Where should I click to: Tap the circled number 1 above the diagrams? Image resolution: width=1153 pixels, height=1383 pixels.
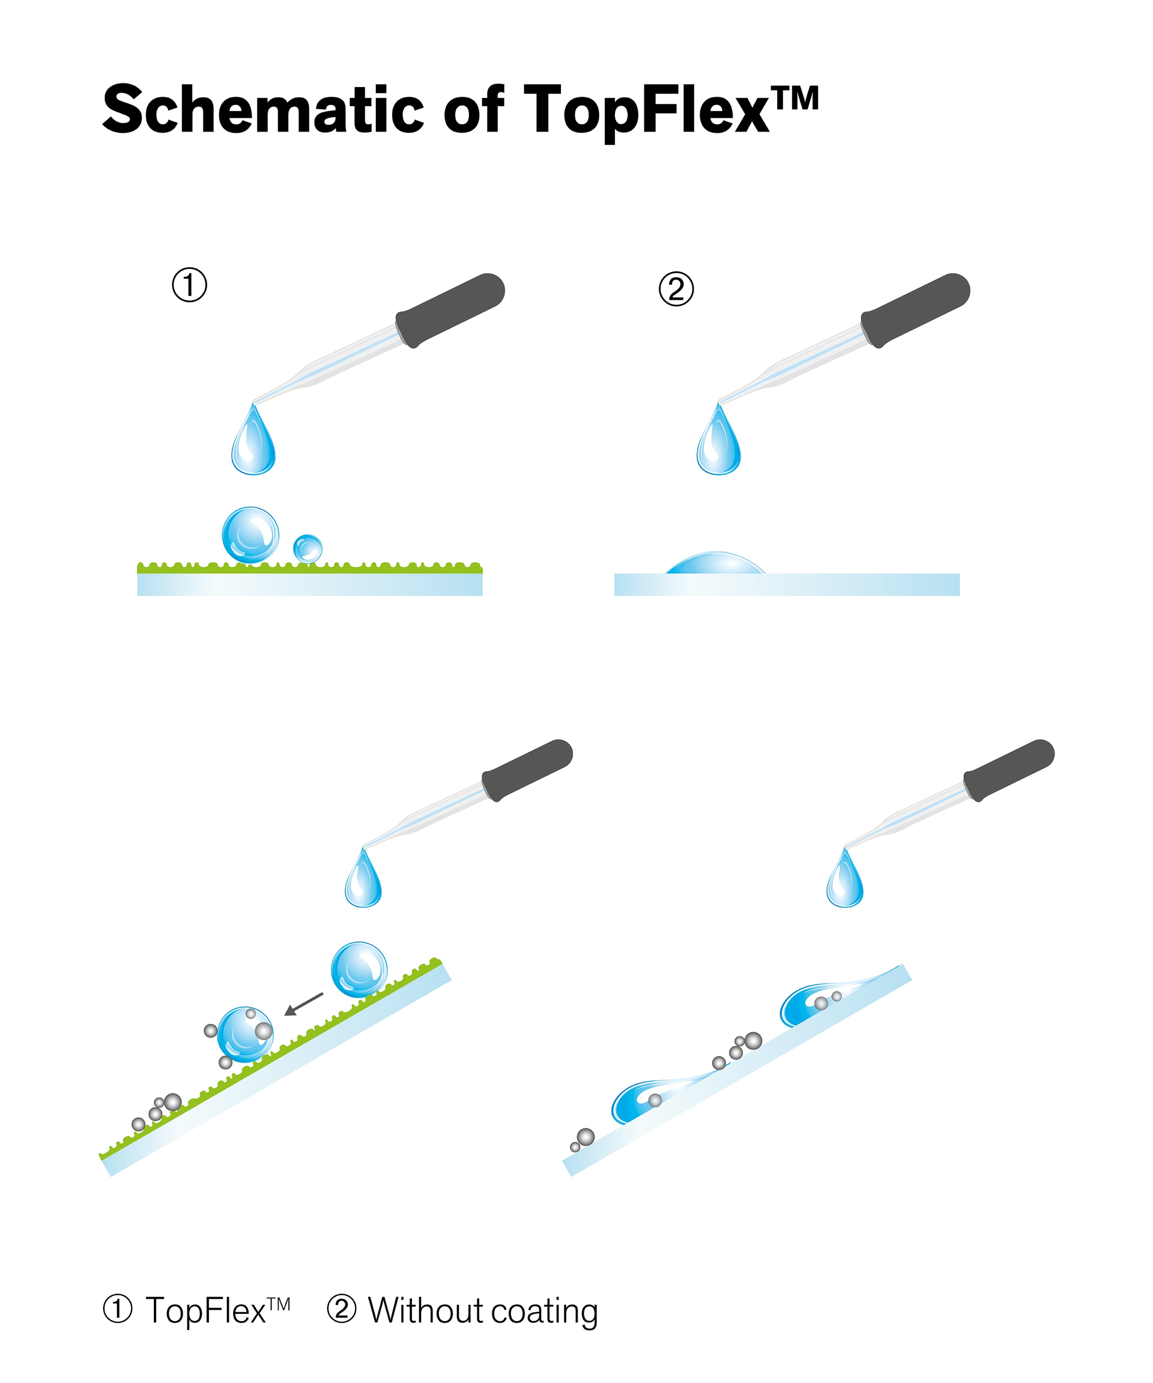[x=190, y=285]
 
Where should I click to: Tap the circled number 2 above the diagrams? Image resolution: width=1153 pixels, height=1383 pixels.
[x=676, y=289]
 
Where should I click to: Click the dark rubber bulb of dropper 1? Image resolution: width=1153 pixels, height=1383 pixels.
[x=450, y=309]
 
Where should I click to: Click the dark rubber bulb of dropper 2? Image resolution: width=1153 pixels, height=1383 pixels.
[x=915, y=309]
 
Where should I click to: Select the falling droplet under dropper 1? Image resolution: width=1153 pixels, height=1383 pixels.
[x=253, y=444]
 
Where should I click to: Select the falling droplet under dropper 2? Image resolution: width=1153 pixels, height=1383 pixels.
[x=718, y=444]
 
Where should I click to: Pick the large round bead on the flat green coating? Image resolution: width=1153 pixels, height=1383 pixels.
[x=250, y=534]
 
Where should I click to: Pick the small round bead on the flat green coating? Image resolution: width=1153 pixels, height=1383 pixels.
[x=307, y=548]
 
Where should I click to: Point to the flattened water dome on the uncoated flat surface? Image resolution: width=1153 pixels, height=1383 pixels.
[x=716, y=564]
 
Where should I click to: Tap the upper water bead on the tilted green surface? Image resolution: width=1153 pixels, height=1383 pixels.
[x=359, y=969]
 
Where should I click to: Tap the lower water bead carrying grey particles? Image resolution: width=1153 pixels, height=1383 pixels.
[x=245, y=1034]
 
